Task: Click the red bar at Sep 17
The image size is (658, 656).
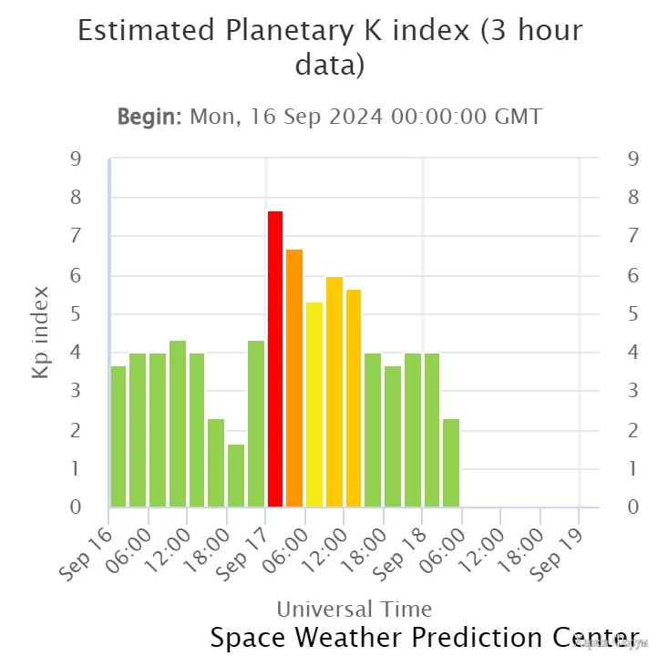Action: pyautogui.click(x=274, y=359)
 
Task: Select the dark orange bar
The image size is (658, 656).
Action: pyautogui.click(x=294, y=378)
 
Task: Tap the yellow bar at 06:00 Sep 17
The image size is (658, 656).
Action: pyautogui.click(x=314, y=405)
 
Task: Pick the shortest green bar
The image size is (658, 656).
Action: pyautogui.click(x=235, y=476)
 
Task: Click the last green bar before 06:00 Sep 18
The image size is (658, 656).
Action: pyautogui.click(x=451, y=463)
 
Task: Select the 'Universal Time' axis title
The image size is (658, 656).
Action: pyautogui.click(x=354, y=609)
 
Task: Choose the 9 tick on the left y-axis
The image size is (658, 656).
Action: pyautogui.click(x=76, y=159)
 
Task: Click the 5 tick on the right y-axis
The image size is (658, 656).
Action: pyautogui.click(x=632, y=314)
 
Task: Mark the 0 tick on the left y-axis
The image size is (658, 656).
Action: pyautogui.click(x=76, y=507)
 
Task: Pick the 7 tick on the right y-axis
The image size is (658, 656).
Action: pyautogui.click(x=632, y=237)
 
